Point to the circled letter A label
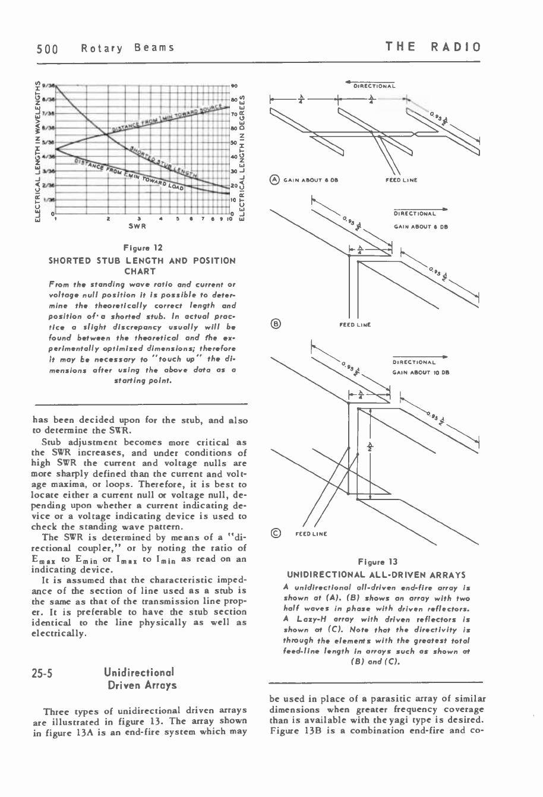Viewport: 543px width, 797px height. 274,179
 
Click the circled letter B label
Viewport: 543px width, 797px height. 274,324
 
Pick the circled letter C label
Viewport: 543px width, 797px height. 274,533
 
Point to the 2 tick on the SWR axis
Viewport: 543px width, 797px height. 107,219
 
